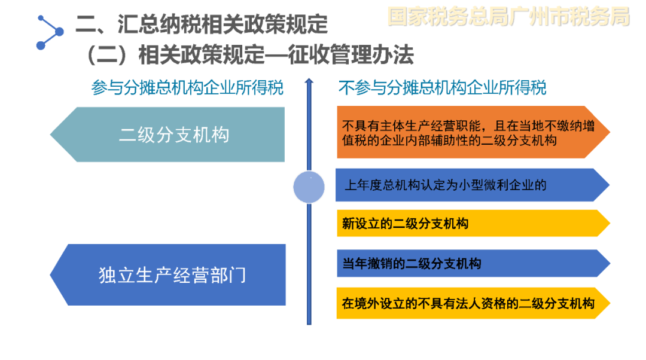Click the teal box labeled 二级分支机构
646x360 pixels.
click(x=167, y=135)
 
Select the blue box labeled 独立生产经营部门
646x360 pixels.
click(x=167, y=274)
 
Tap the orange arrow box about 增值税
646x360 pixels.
click(x=473, y=132)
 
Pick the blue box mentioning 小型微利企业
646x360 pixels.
click(x=472, y=185)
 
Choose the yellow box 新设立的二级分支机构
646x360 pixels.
click(x=473, y=223)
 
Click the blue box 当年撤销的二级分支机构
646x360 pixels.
click(x=473, y=263)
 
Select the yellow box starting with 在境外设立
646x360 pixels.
click(x=473, y=303)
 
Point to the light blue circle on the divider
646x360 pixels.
click(x=309, y=187)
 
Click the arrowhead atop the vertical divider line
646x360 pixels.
click(x=309, y=81)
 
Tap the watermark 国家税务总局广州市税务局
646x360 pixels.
click(x=509, y=17)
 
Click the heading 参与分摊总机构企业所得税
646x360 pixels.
click(x=187, y=88)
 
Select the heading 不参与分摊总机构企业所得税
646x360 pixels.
click(x=443, y=88)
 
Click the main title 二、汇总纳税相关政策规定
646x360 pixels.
click(x=202, y=23)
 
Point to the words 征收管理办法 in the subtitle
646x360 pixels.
click(x=351, y=55)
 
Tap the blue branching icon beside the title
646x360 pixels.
click(x=50, y=32)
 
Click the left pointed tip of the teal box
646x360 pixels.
click(x=50, y=135)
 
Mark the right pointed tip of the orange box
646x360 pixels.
click(x=610, y=132)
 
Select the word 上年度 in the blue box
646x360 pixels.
click(x=364, y=185)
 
